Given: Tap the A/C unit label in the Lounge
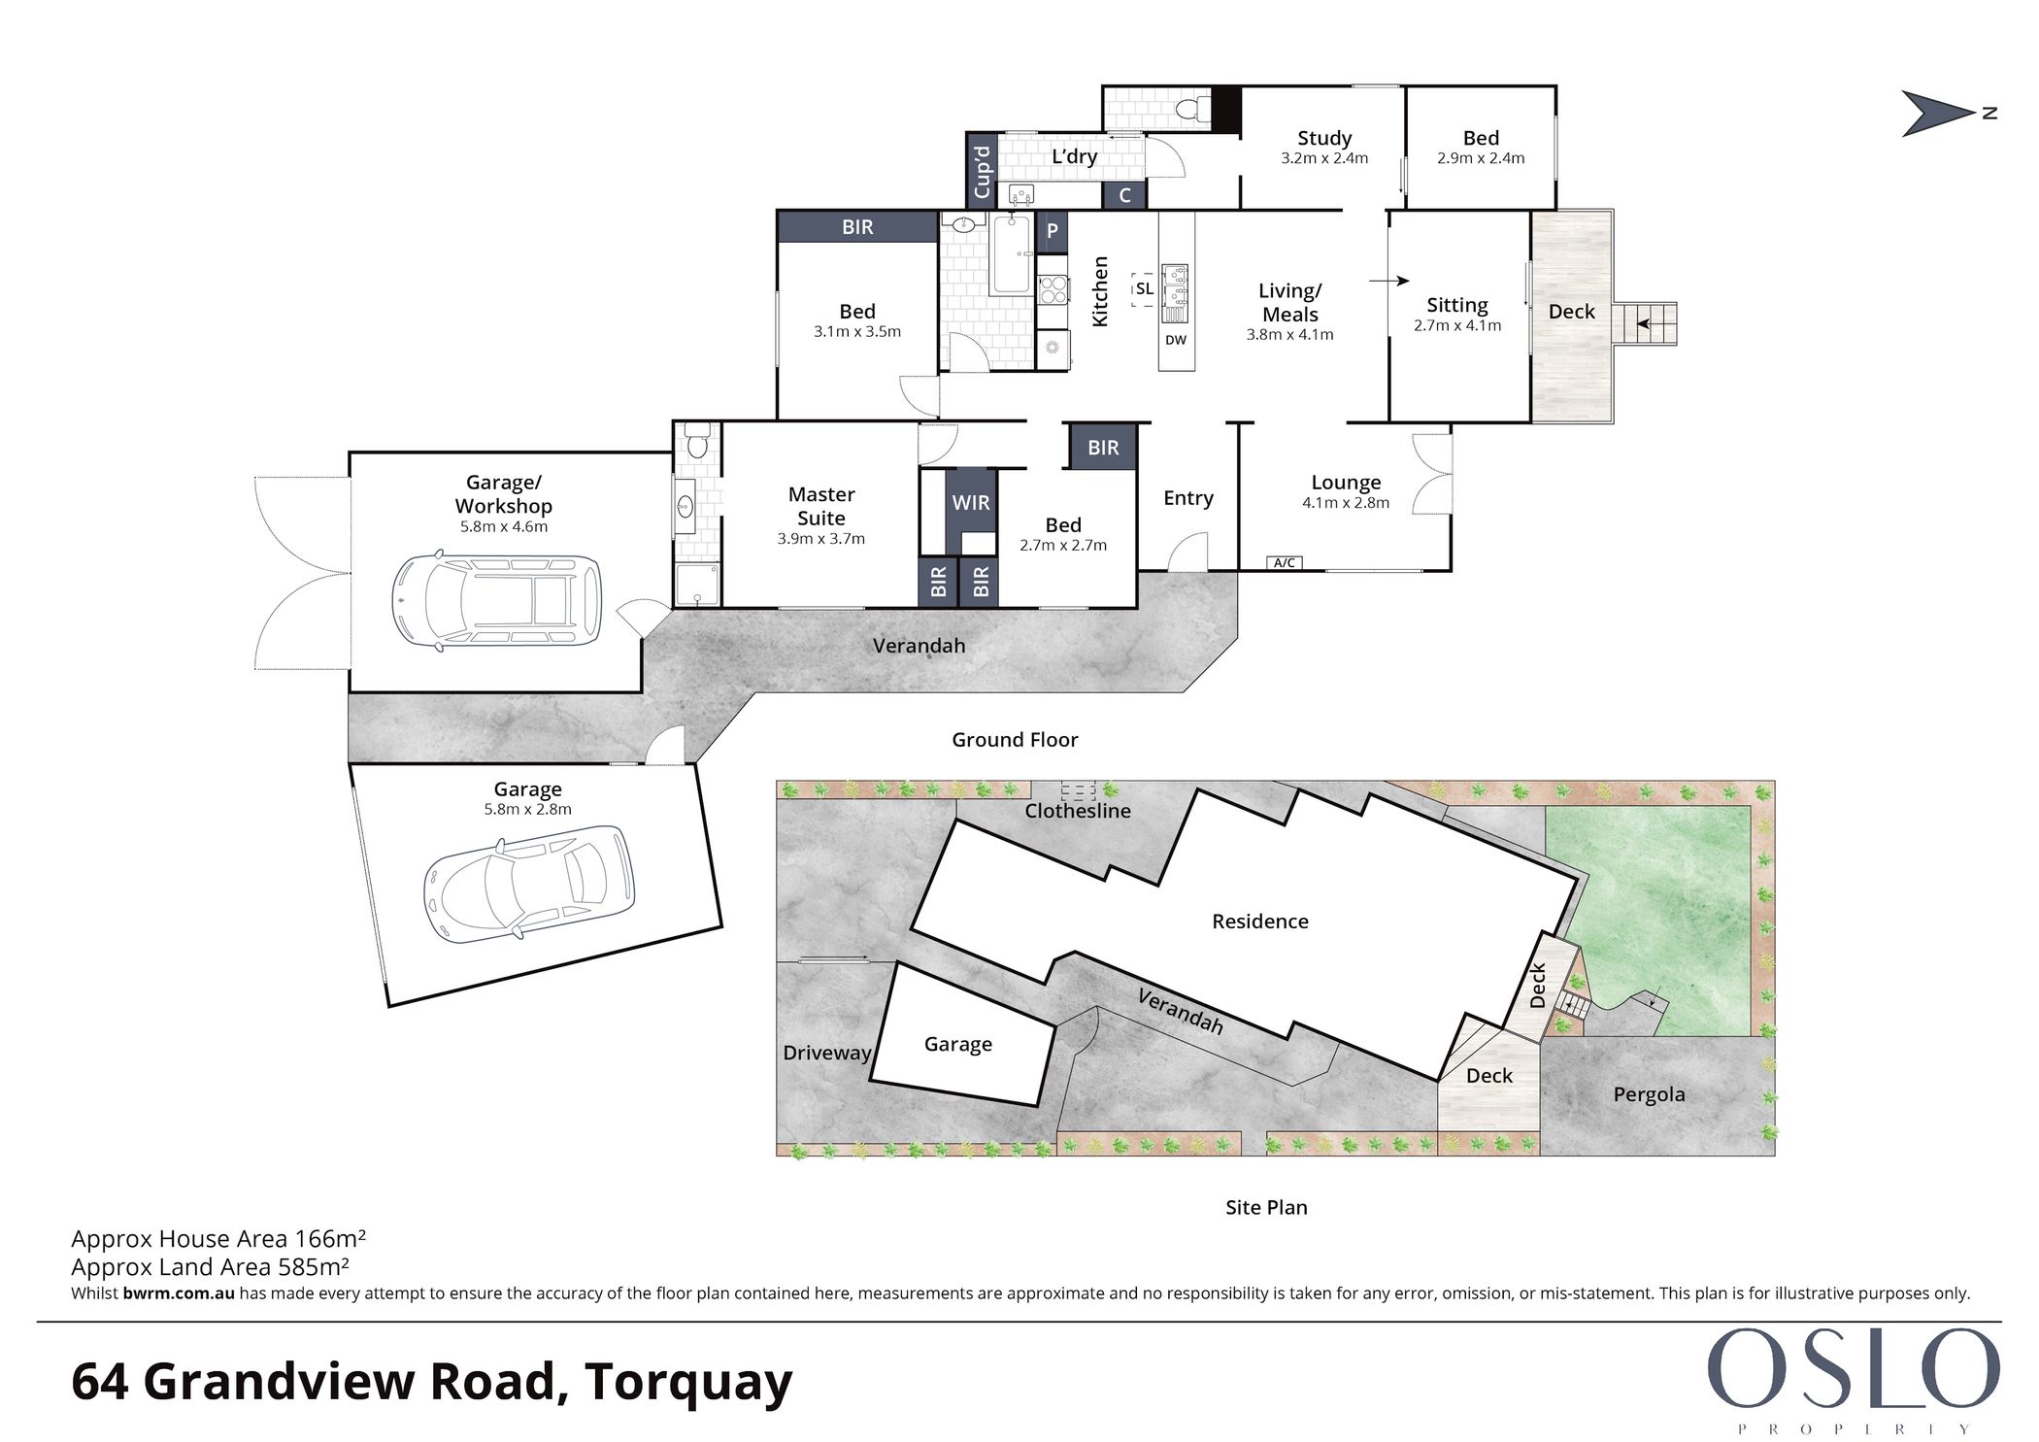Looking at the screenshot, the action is [x=1284, y=563].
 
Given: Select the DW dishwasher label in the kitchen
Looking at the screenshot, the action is [x=1176, y=340].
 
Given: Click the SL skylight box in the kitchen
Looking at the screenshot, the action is [x=1145, y=289].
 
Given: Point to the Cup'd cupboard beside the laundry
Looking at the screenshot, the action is [x=982, y=171].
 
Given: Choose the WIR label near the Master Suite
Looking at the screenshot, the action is [x=971, y=502].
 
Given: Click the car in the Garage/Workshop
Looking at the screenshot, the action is [x=496, y=601].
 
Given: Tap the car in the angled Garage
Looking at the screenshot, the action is [x=529, y=885].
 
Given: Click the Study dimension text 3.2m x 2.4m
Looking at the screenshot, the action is [x=1324, y=158].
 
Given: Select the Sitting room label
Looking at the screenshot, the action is [x=1456, y=305].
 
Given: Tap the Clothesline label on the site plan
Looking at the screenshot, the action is [x=1078, y=811].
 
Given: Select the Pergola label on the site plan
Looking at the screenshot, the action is [x=1649, y=1094].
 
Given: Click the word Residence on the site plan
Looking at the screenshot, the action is [x=1259, y=922].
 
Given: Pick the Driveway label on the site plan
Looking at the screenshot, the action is [x=827, y=1054].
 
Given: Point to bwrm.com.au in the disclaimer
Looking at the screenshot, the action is [x=179, y=1293].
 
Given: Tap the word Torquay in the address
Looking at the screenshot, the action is [x=688, y=1383].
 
